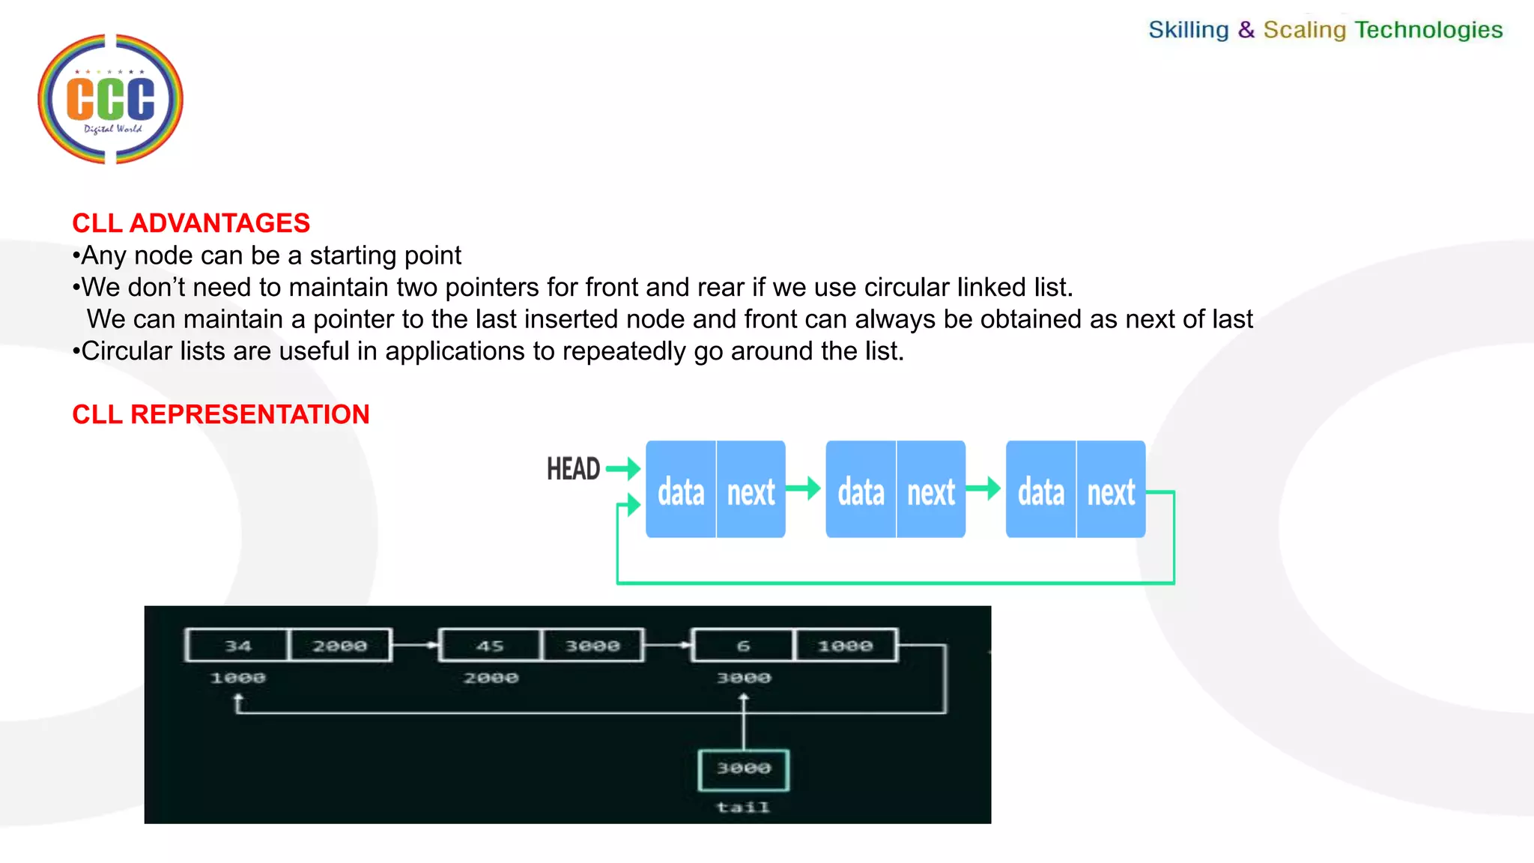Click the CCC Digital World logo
pyautogui.click(x=111, y=99)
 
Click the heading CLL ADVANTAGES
pyautogui.click(x=191, y=223)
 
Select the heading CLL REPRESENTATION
pyautogui.click(x=221, y=414)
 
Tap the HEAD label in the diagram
pyautogui.click(x=573, y=470)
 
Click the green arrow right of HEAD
pyautogui.click(x=623, y=469)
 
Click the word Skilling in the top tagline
pyautogui.click(x=1188, y=30)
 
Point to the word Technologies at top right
pyautogui.click(x=1428, y=30)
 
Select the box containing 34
pyautogui.click(x=237, y=646)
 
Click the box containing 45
pyautogui.click(x=490, y=646)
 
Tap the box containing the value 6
pyautogui.click(x=743, y=646)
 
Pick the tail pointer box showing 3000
pyautogui.click(x=744, y=769)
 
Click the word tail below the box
pyautogui.click(x=743, y=807)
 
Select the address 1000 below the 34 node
pyautogui.click(x=237, y=678)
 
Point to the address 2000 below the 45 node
pyautogui.click(x=491, y=678)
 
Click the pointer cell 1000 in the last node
pyautogui.click(x=846, y=646)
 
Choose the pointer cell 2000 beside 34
pyautogui.click(x=340, y=646)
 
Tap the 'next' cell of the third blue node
pyautogui.click(x=1111, y=491)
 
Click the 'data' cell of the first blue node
pyautogui.click(x=681, y=491)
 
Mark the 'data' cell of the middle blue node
pyautogui.click(x=861, y=491)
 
